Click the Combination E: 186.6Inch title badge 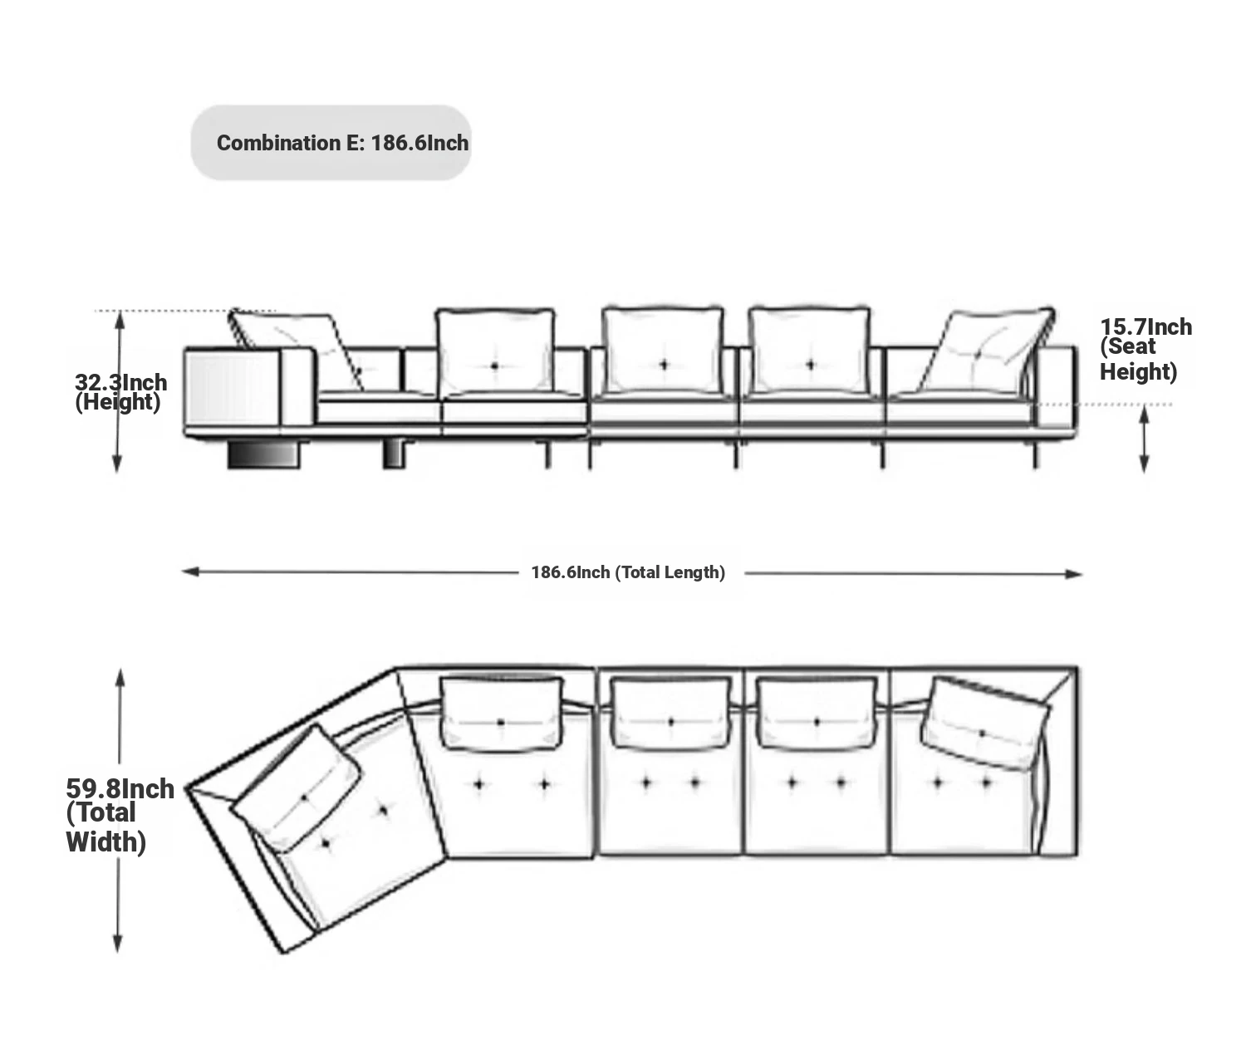(x=331, y=143)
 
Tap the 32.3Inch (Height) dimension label (x=120, y=392)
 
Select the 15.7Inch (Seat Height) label (x=1145, y=350)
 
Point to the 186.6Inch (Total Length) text (x=628, y=572)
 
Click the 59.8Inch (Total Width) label (x=120, y=816)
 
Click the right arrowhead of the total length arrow (x=1073, y=574)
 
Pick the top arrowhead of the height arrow (x=120, y=320)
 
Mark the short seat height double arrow (x=1144, y=439)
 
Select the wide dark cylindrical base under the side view (x=263, y=454)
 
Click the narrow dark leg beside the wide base (x=394, y=454)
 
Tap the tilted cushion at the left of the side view (x=296, y=350)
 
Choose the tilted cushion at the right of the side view (x=986, y=350)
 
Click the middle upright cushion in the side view (x=663, y=351)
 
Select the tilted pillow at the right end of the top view (x=984, y=724)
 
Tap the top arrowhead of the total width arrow (x=120, y=678)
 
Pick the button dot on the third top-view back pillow (x=817, y=722)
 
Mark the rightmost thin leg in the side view (x=1036, y=454)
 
